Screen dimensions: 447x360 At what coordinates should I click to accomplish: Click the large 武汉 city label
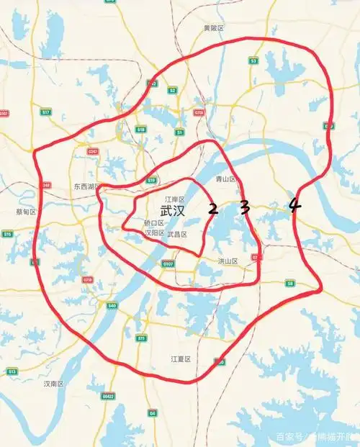pyautogui.click(x=172, y=212)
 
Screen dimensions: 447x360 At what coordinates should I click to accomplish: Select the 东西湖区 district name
pyautogui.click(x=87, y=186)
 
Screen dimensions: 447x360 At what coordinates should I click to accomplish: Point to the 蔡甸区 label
pyautogui.click(x=26, y=212)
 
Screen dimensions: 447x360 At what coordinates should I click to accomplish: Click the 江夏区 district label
pyautogui.click(x=180, y=358)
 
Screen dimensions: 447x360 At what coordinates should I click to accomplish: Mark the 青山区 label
pyautogui.click(x=226, y=179)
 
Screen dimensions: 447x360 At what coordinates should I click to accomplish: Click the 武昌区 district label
pyautogui.click(x=177, y=235)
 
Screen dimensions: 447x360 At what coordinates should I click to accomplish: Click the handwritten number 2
pyautogui.click(x=212, y=209)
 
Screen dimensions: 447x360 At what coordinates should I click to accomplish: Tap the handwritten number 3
pyautogui.click(x=245, y=208)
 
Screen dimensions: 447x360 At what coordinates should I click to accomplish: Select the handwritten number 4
pyautogui.click(x=294, y=205)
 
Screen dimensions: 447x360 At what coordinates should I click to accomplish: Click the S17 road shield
pyautogui.click(x=45, y=112)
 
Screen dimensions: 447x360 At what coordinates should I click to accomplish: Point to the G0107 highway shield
pyautogui.click(x=168, y=263)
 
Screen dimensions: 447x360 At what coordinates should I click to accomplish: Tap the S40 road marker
pyautogui.click(x=111, y=306)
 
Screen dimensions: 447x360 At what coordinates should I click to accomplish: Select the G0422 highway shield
pyautogui.click(x=108, y=396)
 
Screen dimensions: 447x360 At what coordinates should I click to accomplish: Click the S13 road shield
pyautogui.click(x=12, y=371)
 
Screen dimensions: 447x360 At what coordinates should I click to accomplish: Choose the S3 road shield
pyautogui.click(x=253, y=61)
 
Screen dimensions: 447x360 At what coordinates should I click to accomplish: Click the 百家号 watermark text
pyautogui.click(x=288, y=437)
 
